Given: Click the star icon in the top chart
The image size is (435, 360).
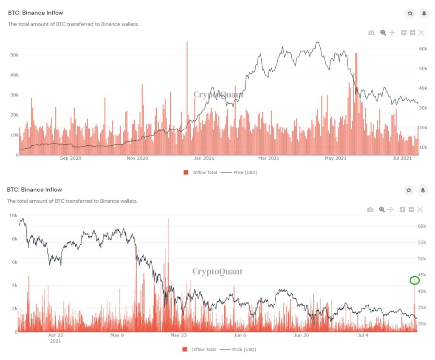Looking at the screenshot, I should [410, 13].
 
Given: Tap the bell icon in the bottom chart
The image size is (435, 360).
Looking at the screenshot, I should [424, 190].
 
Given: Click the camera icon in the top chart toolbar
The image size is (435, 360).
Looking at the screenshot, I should [371, 33].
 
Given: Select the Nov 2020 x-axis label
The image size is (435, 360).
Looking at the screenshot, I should [137, 159].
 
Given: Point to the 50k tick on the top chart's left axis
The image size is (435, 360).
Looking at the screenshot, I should [14, 55].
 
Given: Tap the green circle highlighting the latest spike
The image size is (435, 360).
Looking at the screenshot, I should [415, 280].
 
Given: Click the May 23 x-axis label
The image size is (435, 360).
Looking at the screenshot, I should [178, 335].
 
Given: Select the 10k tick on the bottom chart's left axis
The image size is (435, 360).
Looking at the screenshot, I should [13, 215].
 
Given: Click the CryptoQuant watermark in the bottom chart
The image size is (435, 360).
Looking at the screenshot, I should [217, 272].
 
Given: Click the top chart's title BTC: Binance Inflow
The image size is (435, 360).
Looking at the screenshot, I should [35, 13].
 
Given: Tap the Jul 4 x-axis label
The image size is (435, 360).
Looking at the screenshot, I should [363, 335].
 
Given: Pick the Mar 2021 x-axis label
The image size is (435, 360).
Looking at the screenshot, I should [268, 159].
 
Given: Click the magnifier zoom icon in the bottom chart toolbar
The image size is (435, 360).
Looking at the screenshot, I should [382, 210].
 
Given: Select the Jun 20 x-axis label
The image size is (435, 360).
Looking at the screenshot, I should [301, 335].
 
